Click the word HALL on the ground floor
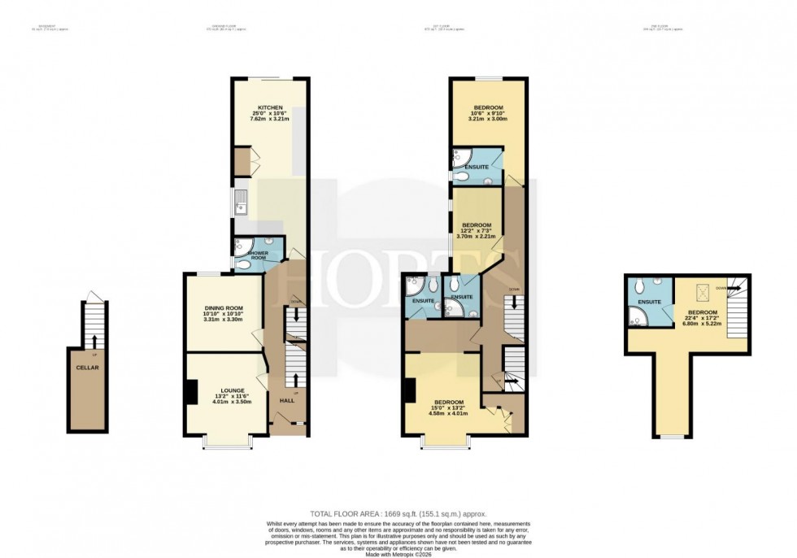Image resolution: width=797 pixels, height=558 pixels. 288,402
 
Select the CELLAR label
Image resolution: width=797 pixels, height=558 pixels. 87,366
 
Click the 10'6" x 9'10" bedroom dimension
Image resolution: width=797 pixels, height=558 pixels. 488,113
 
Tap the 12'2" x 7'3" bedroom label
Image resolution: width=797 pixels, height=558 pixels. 477,230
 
